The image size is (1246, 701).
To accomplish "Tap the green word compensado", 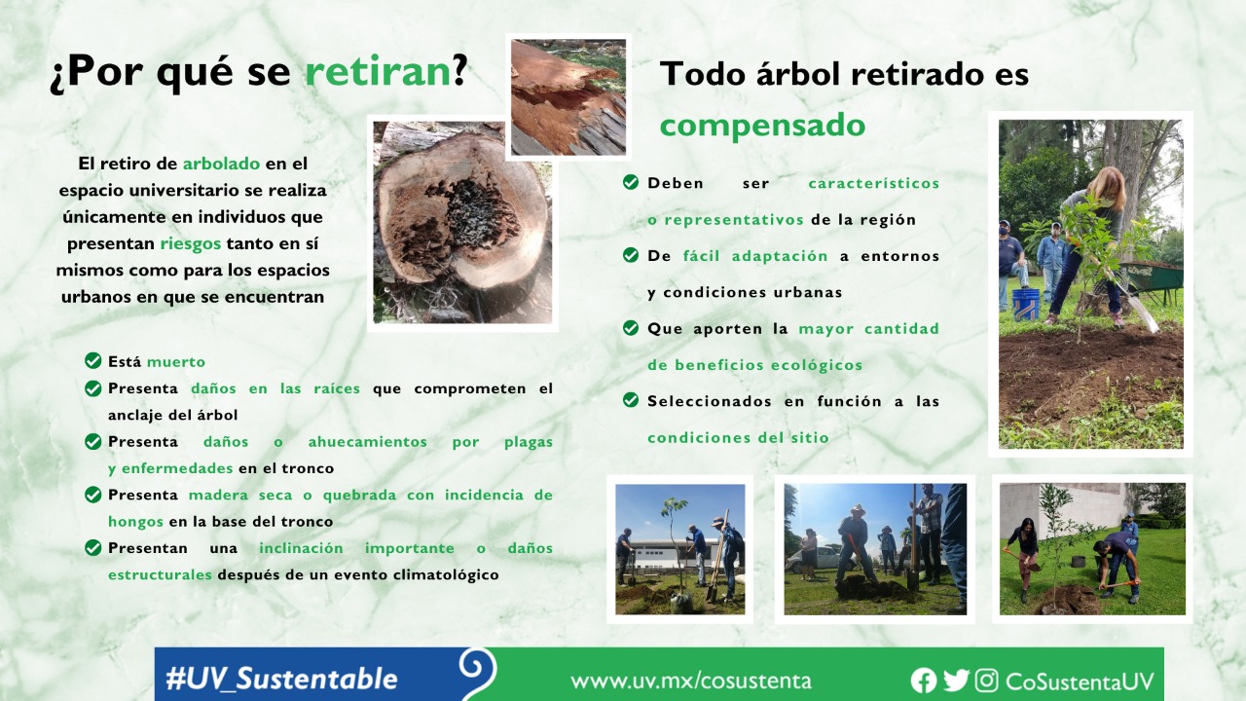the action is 762,126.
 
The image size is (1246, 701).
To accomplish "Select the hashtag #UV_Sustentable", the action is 281,680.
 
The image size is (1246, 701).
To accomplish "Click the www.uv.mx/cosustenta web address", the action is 691,681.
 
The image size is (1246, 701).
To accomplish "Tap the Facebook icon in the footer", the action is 924,681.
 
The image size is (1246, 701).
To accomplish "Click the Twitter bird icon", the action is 957,681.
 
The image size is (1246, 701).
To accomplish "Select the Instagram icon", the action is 986,681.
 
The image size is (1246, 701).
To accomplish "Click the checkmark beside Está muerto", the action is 92,361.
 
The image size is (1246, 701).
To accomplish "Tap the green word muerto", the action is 176,362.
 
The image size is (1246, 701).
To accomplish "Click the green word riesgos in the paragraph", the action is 190,244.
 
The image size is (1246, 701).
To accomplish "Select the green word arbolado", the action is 221,164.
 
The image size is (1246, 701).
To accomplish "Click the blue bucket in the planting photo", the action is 1025,304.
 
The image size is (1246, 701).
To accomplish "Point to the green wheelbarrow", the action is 1152,278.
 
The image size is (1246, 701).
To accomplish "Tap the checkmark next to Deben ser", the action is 631,182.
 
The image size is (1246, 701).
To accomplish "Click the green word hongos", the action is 135,522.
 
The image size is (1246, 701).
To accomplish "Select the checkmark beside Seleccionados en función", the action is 631,400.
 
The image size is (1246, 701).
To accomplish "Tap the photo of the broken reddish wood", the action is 568,96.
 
